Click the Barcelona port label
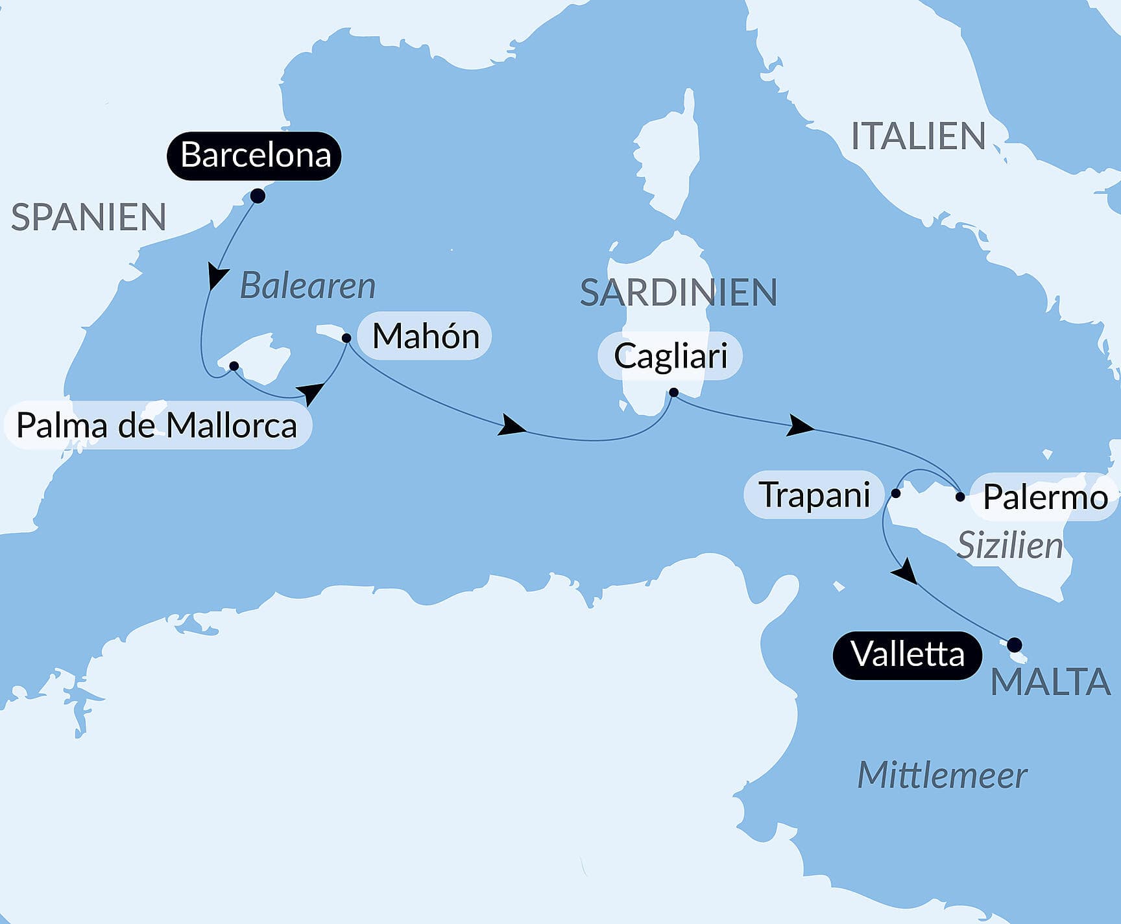254,156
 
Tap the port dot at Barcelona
258,196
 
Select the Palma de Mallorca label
157,426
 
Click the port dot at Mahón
346,338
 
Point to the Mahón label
426,337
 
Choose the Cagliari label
670,356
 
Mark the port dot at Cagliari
673,392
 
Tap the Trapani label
814,495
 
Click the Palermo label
1044,497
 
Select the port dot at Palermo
960,497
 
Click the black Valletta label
907,654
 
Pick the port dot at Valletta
1015,645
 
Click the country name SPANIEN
89,217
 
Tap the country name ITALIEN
918,136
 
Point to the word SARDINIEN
678,292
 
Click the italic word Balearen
307,286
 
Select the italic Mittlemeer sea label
942,776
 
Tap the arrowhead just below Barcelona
216,276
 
